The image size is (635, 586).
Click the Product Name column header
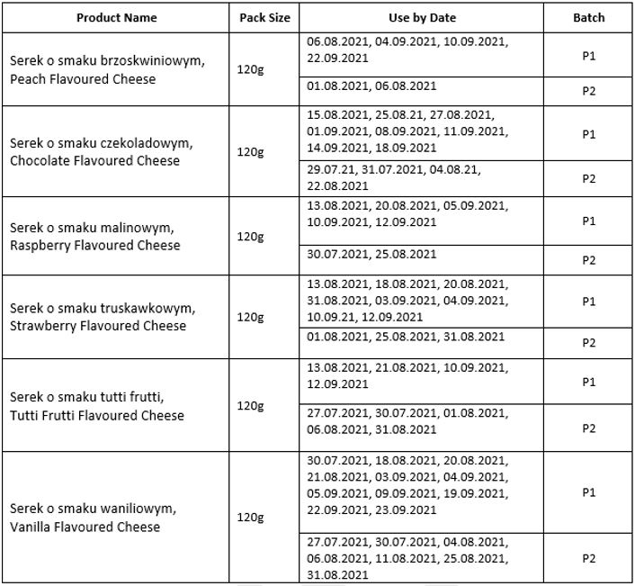116,17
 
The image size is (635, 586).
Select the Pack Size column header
258,17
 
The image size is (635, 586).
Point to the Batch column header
588,17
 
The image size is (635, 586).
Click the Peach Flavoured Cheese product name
83,79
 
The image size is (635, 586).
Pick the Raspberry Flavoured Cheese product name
94,245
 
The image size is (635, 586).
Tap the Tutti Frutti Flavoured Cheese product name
97,415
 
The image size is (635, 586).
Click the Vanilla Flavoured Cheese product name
85,527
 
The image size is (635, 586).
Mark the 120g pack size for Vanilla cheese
250,518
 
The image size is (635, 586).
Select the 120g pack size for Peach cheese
250,69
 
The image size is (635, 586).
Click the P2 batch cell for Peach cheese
588,91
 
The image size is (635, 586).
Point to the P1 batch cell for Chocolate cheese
588,134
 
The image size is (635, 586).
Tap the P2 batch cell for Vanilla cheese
588,559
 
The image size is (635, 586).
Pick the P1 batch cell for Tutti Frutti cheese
588,383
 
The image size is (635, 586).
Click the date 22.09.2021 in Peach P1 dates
337,58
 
